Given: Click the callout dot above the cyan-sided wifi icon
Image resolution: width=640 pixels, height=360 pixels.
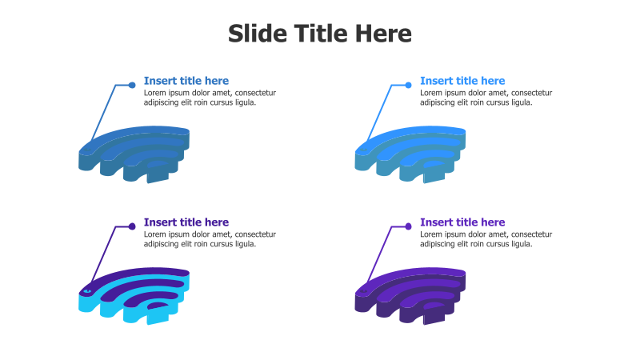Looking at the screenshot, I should tap(132, 226).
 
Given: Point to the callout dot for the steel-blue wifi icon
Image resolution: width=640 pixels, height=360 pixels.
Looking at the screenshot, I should tap(132, 85).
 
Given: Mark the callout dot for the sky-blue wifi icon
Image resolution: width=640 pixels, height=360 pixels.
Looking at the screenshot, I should tap(408, 85).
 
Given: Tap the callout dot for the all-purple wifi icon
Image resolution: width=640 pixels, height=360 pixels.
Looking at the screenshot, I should tap(408, 226).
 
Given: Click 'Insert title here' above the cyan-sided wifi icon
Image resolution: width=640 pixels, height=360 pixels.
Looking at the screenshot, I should tap(186, 222).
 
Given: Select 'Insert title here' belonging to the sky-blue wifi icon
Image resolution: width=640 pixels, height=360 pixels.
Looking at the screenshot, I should tap(462, 81).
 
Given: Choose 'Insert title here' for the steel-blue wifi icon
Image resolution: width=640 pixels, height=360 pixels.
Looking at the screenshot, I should tap(186, 81).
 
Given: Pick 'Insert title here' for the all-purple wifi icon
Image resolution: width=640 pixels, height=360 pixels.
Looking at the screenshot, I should tap(462, 222).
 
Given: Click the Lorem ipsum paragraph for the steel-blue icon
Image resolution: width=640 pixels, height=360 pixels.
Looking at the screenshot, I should tap(210, 98).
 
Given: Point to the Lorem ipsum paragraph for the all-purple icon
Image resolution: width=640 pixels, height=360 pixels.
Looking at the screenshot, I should tap(486, 239).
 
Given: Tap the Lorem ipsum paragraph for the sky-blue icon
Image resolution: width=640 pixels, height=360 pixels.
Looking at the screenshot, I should tap(486, 98).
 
